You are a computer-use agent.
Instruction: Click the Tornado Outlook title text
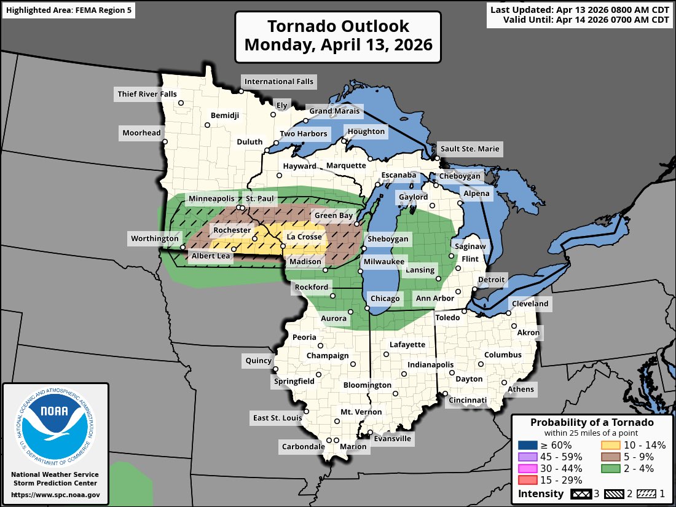pyautogui.click(x=337, y=36)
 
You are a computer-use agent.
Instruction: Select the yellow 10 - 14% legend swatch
pyautogui.click(x=609, y=445)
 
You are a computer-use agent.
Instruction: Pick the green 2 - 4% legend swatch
pyautogui.click(x=609, y=468)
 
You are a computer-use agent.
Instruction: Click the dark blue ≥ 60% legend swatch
pyautogui.click(x=526, y=445)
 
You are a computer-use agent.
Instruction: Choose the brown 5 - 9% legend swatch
pyautogui.click(x=609, y=457)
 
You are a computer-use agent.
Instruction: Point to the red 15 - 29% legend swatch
pyautogui.click(x=526, y=480)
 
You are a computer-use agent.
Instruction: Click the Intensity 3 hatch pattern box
pyautogui.click(x=581, y=493)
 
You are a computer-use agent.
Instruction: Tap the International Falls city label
pyautogui.click(x=278, y=81)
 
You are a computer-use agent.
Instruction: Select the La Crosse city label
pyautogui.click(x=304, y=237)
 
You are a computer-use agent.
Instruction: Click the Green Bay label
pyautogui.click(x=334, y=216)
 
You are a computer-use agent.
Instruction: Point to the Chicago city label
pyautogui.click(x=385, y=299)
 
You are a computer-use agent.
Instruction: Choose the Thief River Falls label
pyautogui.click(x=146, y=94)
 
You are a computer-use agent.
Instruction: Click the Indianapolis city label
pyautogui.click(x=430, y=365)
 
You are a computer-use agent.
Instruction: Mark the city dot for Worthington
pyautogui.click(x=183, y=247)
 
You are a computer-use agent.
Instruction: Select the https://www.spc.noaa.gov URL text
pyautogui.click(x=55, y=494)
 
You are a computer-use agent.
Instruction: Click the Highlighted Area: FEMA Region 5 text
pyautogui.click(x=68, y=10)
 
